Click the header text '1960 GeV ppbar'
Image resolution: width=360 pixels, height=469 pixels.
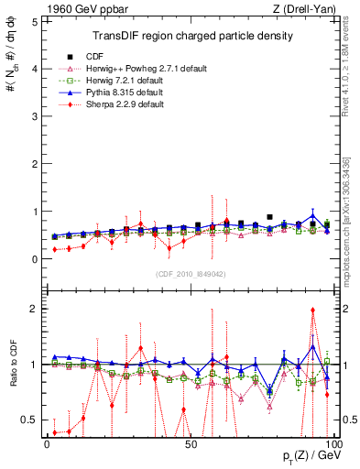(80, 9)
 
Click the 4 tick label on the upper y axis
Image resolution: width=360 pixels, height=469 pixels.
(33, 69)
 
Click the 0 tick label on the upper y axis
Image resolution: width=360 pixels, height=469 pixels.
(33, 259)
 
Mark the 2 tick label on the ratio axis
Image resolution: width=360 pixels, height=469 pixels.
(33, 309)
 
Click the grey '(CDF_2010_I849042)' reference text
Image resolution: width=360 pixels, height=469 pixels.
(189, 273)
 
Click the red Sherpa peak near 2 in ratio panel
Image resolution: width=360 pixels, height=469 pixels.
(312, 310)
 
